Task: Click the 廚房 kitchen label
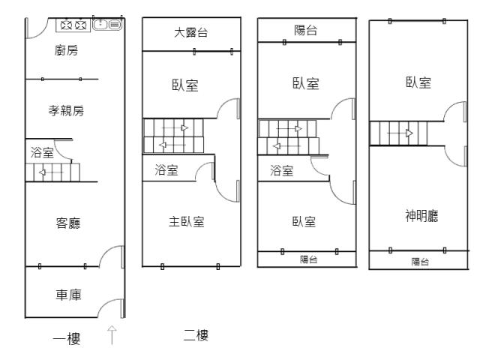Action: click(x=66, y=50)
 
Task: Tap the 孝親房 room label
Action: click(x=66, y=111)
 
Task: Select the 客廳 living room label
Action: click(x=69, y=223)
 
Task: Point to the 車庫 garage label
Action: click(x=69, y=295)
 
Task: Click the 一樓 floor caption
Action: click(x=67, y=338)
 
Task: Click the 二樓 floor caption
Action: click(x=196, y=335)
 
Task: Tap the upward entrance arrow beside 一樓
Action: click(x=112, y=334)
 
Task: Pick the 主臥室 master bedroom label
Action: click(x=186, y=221)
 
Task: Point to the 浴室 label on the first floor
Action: click(x=42, y=153)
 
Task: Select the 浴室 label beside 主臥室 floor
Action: click(x=166, y=170)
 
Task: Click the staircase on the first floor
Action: click(x=53, y=172)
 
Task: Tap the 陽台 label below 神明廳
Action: click(x=421, y=261)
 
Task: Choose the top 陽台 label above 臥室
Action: click(x=306, y=30)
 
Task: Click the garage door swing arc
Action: click(x=110, y=307)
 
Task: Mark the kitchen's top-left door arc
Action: click(x=34, y=28)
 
